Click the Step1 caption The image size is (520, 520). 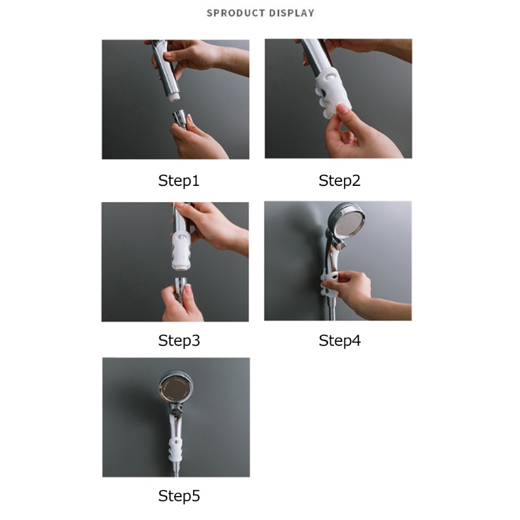179,181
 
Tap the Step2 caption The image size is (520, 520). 339,181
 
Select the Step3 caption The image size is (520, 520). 179,341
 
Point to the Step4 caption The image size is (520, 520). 339,341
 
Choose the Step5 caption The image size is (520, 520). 179,496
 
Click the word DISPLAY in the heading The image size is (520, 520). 291,13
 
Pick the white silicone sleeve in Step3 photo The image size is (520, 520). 181,250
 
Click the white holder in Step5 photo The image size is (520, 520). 175,449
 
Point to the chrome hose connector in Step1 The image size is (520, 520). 180,119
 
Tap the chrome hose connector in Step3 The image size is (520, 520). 181,286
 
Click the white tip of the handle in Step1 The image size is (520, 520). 174,97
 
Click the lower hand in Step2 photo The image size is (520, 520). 360,133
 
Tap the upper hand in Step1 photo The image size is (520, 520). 199,57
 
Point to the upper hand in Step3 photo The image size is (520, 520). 213,227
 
